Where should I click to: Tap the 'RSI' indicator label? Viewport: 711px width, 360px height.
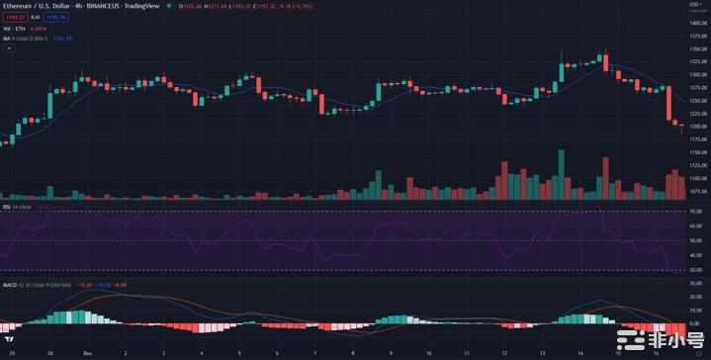click(6, 207)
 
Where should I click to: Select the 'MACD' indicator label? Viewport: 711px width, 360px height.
click(9, 285)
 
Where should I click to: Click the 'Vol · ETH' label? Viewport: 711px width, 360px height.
click(14, 30)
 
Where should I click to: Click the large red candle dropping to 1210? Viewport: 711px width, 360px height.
click(669, 103)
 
